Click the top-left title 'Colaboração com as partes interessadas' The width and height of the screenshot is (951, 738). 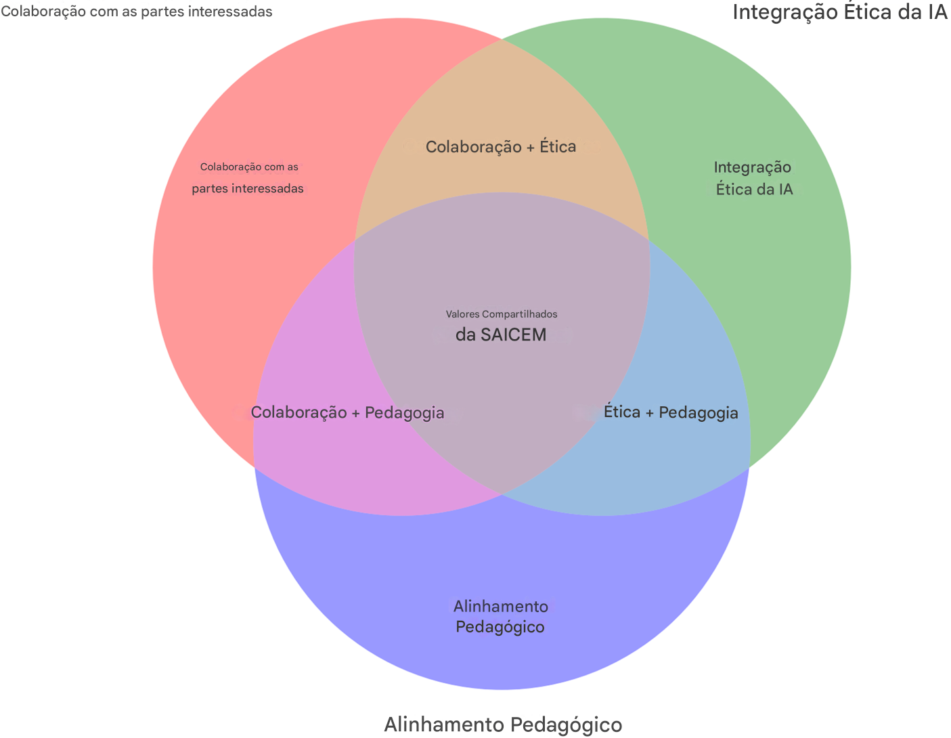[137, 12]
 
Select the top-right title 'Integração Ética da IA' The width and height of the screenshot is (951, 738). [839, 13]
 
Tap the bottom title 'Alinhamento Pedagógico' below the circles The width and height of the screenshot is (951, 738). [502, 724]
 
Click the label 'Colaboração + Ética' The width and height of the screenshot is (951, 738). [500, 147]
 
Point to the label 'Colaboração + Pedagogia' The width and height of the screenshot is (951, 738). [347, 412]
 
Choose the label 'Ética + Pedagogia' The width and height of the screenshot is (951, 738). [670, 412]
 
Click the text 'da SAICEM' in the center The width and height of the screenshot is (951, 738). [500, 334]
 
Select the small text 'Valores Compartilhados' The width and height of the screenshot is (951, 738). [502, 314]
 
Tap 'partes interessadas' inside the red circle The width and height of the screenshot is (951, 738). [248, 188]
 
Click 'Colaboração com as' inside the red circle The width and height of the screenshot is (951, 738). [249, 167]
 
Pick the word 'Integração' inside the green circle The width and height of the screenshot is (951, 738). [753, 167]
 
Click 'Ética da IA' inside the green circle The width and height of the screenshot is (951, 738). [754, 189]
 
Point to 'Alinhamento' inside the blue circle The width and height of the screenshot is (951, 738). [500, 606]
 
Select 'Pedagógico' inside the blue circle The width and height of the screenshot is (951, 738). [500, 627]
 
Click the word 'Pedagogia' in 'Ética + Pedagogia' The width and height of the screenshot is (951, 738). [699, 412]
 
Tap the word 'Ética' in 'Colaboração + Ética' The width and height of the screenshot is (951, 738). [557, 147]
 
